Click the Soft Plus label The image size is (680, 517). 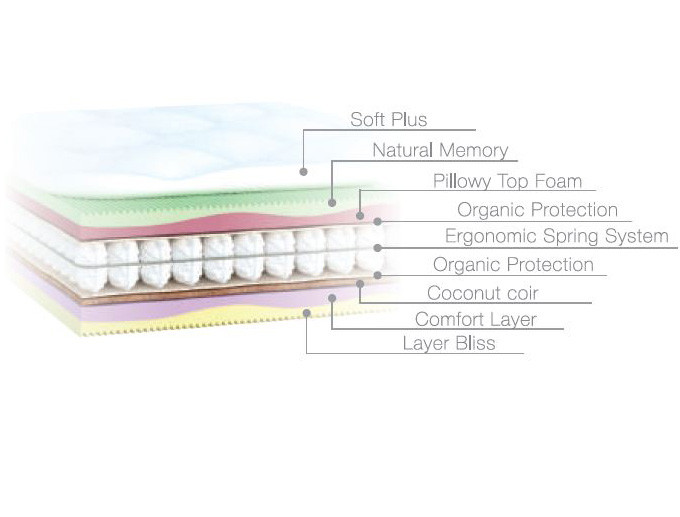click(388, 120)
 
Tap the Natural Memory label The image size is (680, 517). click(440, 151)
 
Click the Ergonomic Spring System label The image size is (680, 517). click(556, 237)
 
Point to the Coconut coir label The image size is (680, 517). click(482, 293)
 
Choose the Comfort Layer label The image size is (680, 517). click(475, 320)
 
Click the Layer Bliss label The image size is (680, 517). click(448, 344)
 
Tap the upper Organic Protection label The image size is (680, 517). click(537, 210)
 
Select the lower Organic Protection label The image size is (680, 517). click(513, 265)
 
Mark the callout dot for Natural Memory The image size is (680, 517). click(331, 203)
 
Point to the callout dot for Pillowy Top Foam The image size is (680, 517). click(359, 215)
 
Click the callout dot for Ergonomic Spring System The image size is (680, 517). click(378, 247)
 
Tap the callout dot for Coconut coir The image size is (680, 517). click(359, 283)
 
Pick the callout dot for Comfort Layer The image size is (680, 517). click(331, 296)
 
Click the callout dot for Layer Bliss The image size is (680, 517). click(306, 312)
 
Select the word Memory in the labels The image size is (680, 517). click(476, 151)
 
